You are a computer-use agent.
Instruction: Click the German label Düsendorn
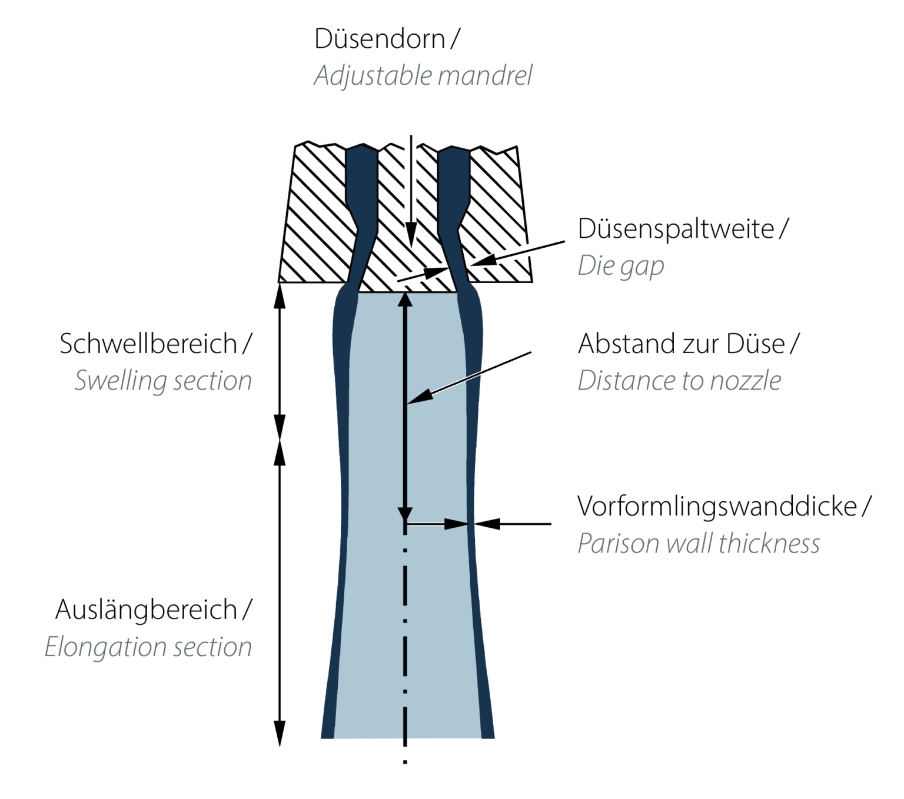pyautogui.click(x=380, y=39)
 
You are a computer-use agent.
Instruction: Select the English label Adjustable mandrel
pyautogui.click(x=423, y=75)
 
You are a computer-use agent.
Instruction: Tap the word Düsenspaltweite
pyautogui.click(x=676, y=229)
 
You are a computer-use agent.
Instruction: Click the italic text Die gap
pyautogui.click(x=621, y=267)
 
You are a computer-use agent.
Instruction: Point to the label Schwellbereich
pyautogui.click(x=148, y=344)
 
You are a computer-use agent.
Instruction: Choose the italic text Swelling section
pyautogui.click(x=163, y=381)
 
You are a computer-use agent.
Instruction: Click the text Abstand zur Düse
pyautogui.click(x=682, y=344)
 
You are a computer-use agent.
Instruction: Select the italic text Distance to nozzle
pyautogui.click(x=679, y=381)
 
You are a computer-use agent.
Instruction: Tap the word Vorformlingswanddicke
pyautogui.click(x=717, y=507)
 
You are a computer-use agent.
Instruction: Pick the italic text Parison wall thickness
pyautogui.click(x=698, y=544)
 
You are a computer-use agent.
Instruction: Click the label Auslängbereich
pyautogui.click(x=146, y=610)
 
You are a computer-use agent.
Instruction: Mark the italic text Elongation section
pyautogui.click(x=148, y=647)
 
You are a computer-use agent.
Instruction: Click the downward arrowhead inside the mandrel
pyautogui.click(x=411, y=235)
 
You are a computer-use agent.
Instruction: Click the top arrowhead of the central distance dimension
pyautogui.click(x=405, y=300)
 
